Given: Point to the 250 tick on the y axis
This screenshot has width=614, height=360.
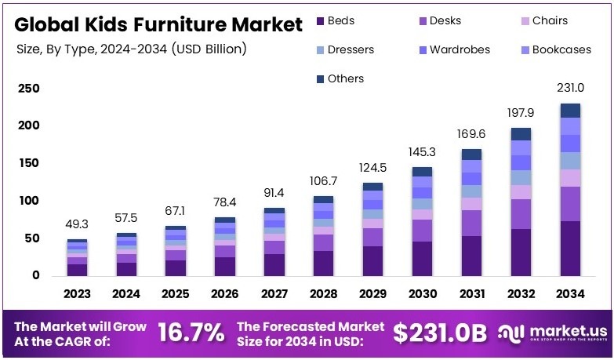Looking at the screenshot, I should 29,89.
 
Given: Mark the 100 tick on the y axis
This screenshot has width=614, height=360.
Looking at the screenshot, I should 29,201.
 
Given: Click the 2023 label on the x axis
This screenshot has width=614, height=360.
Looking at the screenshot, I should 77,294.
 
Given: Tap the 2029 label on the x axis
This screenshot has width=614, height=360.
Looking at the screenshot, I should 372,294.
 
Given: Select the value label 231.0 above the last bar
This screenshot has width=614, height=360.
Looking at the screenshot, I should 570,87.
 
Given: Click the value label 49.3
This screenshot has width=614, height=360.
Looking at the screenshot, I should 77,224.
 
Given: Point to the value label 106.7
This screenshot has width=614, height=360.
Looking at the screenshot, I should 323,181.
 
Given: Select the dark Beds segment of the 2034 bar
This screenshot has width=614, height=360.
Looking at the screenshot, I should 570,248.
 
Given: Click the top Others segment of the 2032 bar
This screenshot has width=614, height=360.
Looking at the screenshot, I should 521,133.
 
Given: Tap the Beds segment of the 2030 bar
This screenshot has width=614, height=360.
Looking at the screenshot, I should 422,258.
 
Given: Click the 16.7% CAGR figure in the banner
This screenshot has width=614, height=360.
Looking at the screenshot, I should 191,333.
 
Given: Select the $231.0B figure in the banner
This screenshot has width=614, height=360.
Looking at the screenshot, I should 440,333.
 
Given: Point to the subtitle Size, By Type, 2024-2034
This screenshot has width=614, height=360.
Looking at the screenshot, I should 132,49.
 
